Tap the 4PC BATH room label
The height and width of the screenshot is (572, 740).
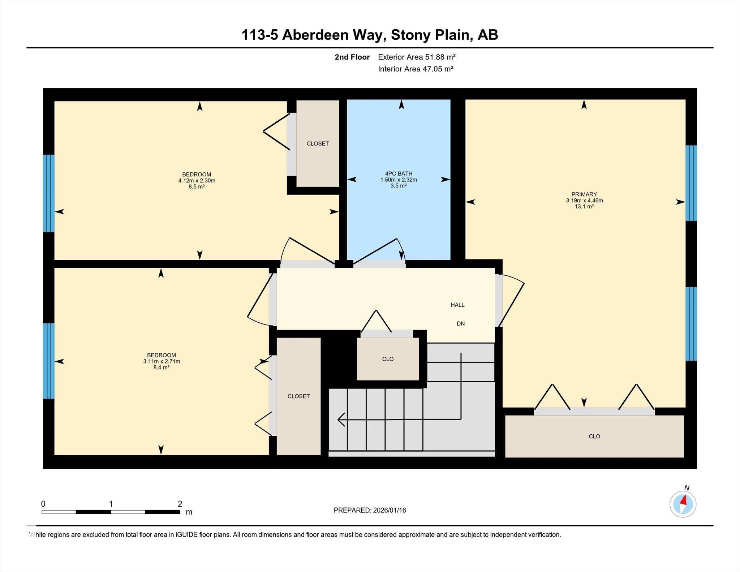click(399, 173)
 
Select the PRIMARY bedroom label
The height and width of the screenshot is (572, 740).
click(584, 194)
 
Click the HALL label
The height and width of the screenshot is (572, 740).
click(457, 305)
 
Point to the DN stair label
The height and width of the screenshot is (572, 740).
click(461, 323)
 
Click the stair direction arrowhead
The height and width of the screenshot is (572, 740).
click(341, 420)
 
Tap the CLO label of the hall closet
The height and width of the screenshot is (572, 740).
click(388, 359)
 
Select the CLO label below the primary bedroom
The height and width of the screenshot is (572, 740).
click(594, 436)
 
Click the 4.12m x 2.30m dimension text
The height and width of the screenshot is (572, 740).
click(197, 180)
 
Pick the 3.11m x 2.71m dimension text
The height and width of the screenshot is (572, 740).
click(162, 361)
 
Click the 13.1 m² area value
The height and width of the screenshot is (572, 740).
click(584, 206)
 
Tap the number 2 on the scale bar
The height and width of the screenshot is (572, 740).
click(180, 504)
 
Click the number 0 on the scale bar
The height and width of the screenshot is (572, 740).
click(43, 504)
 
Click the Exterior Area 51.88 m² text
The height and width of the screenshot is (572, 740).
click(417, 57)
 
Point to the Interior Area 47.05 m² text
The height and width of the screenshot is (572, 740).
click(416, 69)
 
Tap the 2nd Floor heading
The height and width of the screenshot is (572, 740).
click(352, 57)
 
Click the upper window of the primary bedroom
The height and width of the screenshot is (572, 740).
click(691, 183)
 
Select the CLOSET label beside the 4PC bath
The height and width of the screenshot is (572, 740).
click(318, 143)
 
